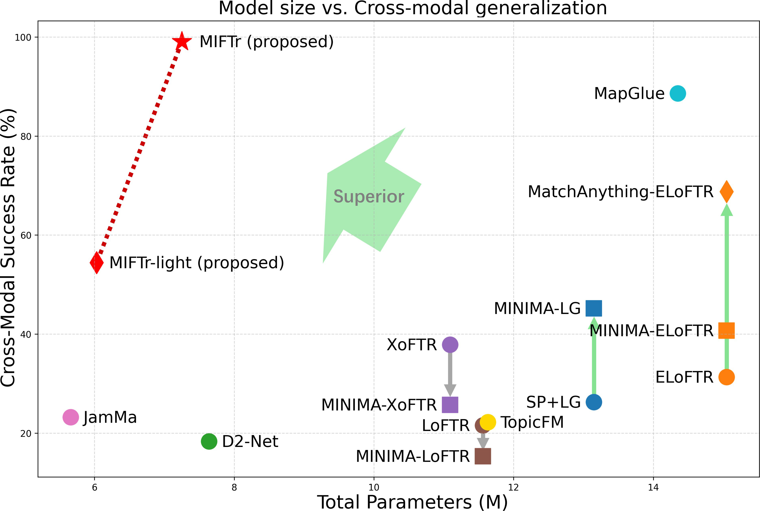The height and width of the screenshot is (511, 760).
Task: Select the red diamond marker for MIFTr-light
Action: (x=97, y=262)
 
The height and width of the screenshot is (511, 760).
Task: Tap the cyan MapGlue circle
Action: (x=677, y=94)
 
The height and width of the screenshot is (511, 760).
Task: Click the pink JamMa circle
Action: (x=71, y=417)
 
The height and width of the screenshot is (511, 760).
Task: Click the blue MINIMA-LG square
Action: (x=594, y=308)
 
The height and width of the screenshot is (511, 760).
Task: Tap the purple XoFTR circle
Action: (x=450, y=345)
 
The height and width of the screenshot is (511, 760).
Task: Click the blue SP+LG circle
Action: (x=594, y=402)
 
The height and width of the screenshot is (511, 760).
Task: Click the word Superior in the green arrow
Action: (x=368, y=197)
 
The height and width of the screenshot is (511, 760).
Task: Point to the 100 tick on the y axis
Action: (x=23, y=38)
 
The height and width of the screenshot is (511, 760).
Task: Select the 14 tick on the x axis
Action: (x=653, y=488)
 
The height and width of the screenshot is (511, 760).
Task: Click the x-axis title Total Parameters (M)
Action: (x=412, y=502)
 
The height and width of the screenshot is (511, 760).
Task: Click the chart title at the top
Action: (x=412, y=8)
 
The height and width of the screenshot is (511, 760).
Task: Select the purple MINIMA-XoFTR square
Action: (x=450, y=405)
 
